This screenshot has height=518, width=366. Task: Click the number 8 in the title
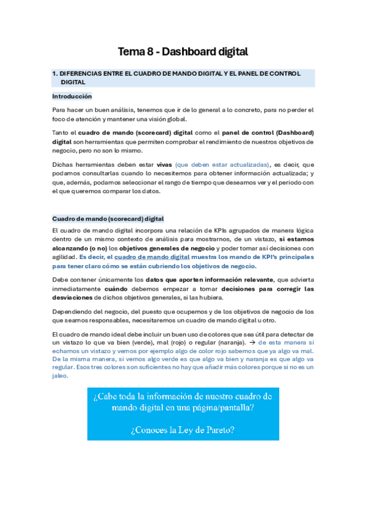click(x=150, y=52)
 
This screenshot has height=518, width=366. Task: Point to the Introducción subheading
click(x=71, y=96)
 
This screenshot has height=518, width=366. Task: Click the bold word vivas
click(x=164, y=164)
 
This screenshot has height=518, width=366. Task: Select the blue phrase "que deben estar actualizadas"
click(x=222, y=164)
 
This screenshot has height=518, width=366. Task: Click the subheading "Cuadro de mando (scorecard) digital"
click(x=108, y=218)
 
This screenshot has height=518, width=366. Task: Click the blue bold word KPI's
click(x=273, y=257)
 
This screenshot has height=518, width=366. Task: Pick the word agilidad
click(x=65, y=257)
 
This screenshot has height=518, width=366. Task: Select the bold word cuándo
click(x=116, y=289)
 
